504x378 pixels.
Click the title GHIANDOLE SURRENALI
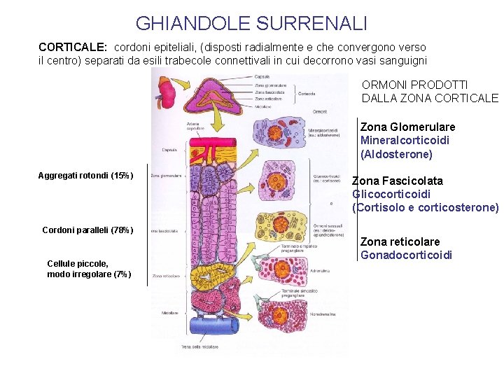[251, 24]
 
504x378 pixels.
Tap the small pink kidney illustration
[167, 92]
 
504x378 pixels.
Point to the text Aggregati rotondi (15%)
[85, 175]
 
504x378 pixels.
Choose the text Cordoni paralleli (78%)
[87, 230]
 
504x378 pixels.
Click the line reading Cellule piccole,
[78, 263]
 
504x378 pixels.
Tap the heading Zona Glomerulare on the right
[407, 127]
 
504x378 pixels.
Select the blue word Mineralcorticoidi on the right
[405, 141]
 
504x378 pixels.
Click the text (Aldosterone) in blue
[396, 154]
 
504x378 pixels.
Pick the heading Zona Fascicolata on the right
[397, 181]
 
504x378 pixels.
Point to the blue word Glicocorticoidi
[391, 194]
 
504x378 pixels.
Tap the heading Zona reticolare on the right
[400, 242]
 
